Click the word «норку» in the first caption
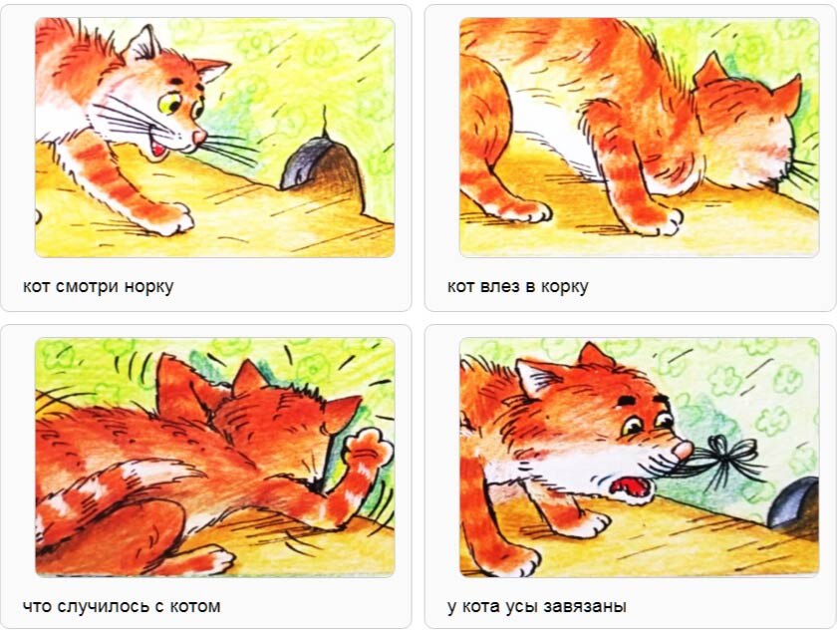click(148, 287)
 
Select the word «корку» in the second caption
click(564, 287)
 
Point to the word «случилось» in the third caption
click(108, 607)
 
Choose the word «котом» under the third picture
click(195, 607)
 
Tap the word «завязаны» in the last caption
click(585, 607)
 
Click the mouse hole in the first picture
click(326, 169)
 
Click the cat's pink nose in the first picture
click(199, 138)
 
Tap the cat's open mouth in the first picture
click(159, 149)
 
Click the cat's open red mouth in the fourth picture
click(632, 488)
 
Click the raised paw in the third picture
click(369, 453)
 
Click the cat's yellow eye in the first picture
click(169, 104)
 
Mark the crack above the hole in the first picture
click(324, 123)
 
